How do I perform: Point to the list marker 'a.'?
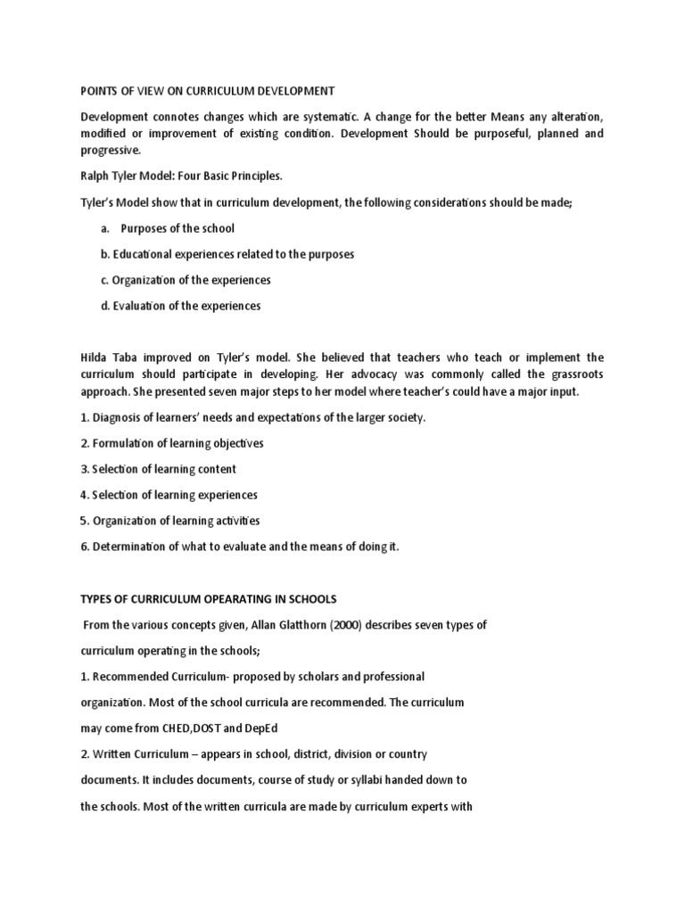pos(104,228)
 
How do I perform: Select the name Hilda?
pos(95,358)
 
